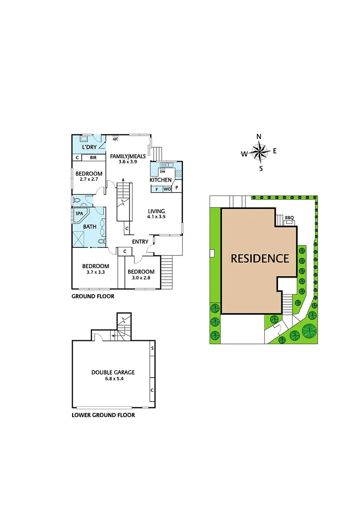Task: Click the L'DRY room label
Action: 90,148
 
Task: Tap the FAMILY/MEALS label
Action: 123,156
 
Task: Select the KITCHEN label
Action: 161,180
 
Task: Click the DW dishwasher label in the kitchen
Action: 162,171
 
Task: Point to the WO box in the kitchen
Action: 167,189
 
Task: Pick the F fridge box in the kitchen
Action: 156,189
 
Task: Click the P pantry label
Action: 177,188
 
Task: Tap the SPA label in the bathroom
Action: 79,213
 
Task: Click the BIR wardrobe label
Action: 93,158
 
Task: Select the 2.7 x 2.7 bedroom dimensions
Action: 89,179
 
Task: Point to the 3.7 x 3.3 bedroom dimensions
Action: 96,272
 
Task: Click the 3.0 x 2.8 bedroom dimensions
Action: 141,278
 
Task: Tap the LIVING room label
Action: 156,211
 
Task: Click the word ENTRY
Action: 140,242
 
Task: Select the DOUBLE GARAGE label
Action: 113,372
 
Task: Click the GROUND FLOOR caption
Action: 93,296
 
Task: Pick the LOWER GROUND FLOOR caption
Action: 103,415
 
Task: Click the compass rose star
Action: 259,152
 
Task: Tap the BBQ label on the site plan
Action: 289,217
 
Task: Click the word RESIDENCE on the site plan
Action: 260,258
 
